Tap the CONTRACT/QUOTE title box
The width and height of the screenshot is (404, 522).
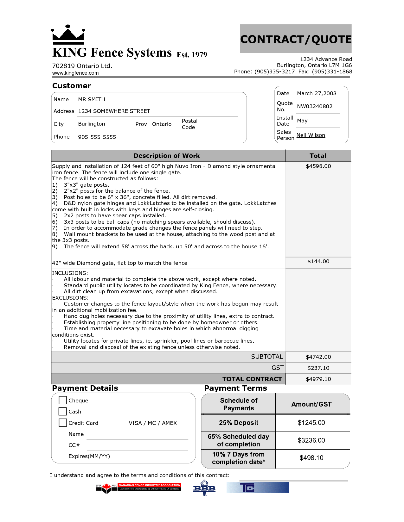(x=296, y=39)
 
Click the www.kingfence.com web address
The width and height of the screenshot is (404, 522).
(x=75, y=73)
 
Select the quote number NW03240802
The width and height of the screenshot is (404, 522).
(x=315, y=107)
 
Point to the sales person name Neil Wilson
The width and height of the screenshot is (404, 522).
(x=311, y=135)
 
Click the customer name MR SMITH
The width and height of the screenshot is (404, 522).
(x=92, y=100)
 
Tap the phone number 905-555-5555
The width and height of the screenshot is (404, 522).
(x=97, y=137)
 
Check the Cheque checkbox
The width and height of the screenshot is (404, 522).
(x=63, y=400)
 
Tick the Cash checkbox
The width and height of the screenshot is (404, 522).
(x=63, y=411)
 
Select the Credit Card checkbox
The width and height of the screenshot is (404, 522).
(x=63, y=423)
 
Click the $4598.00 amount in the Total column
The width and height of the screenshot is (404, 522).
(x=318, y=166)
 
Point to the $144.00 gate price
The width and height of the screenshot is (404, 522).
(x=318, y=262)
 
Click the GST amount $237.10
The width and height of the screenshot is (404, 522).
(x=318, y=368)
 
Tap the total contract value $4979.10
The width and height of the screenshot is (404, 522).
(x=318, y=379)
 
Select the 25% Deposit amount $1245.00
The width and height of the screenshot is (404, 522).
(x=311, y=423)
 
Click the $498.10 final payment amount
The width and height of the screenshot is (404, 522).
(x=311, y=458)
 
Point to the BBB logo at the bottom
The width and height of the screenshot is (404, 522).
(x=204, y=488)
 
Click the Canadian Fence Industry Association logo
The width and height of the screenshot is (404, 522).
(x=138, y=488)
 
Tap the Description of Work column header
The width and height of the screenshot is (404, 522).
(x=167, y=156)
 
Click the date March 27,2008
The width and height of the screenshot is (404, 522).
(x=317, y=94)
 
